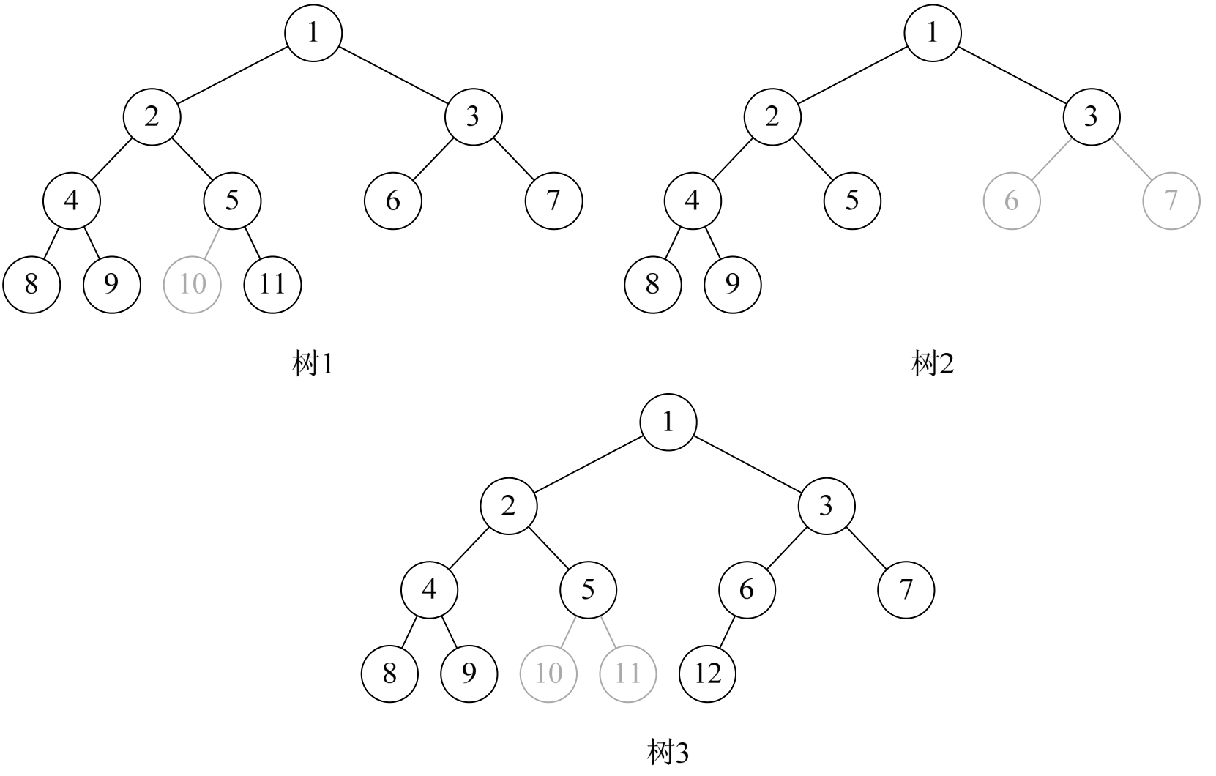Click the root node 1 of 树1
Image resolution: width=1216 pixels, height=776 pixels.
[313, 33]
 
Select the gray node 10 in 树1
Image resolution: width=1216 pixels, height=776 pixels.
[192, 284]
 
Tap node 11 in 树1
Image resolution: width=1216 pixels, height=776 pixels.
[272, 284]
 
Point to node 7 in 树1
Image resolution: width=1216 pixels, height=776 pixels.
[553, 201]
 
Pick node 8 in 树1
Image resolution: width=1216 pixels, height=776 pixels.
[31, 284]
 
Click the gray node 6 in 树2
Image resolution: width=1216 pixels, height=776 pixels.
[1011, 201]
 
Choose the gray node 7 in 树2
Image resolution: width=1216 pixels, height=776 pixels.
[1171, 201]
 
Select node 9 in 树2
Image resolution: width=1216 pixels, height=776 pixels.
[732, 284]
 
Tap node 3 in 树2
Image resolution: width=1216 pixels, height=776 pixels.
[1091, 116]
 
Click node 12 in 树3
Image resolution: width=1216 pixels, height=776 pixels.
[708, 674]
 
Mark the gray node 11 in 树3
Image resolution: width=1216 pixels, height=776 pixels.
[627, 674]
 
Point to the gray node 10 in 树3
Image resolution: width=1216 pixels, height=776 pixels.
[548, 674]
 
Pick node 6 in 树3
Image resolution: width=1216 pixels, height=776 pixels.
[746, 589]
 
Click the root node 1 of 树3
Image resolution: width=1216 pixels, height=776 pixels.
[668, 422]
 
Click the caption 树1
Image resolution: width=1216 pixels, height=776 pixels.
[313, 364]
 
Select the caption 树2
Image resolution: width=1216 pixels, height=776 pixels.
[933, 364]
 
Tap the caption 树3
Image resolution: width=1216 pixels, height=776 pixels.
[668, 752]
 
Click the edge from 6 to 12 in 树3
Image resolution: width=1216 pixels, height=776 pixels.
[727, 632]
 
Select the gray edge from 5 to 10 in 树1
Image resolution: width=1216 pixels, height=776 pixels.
[212, 242]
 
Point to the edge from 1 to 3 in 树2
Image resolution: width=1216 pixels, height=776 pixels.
[1012, 75]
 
